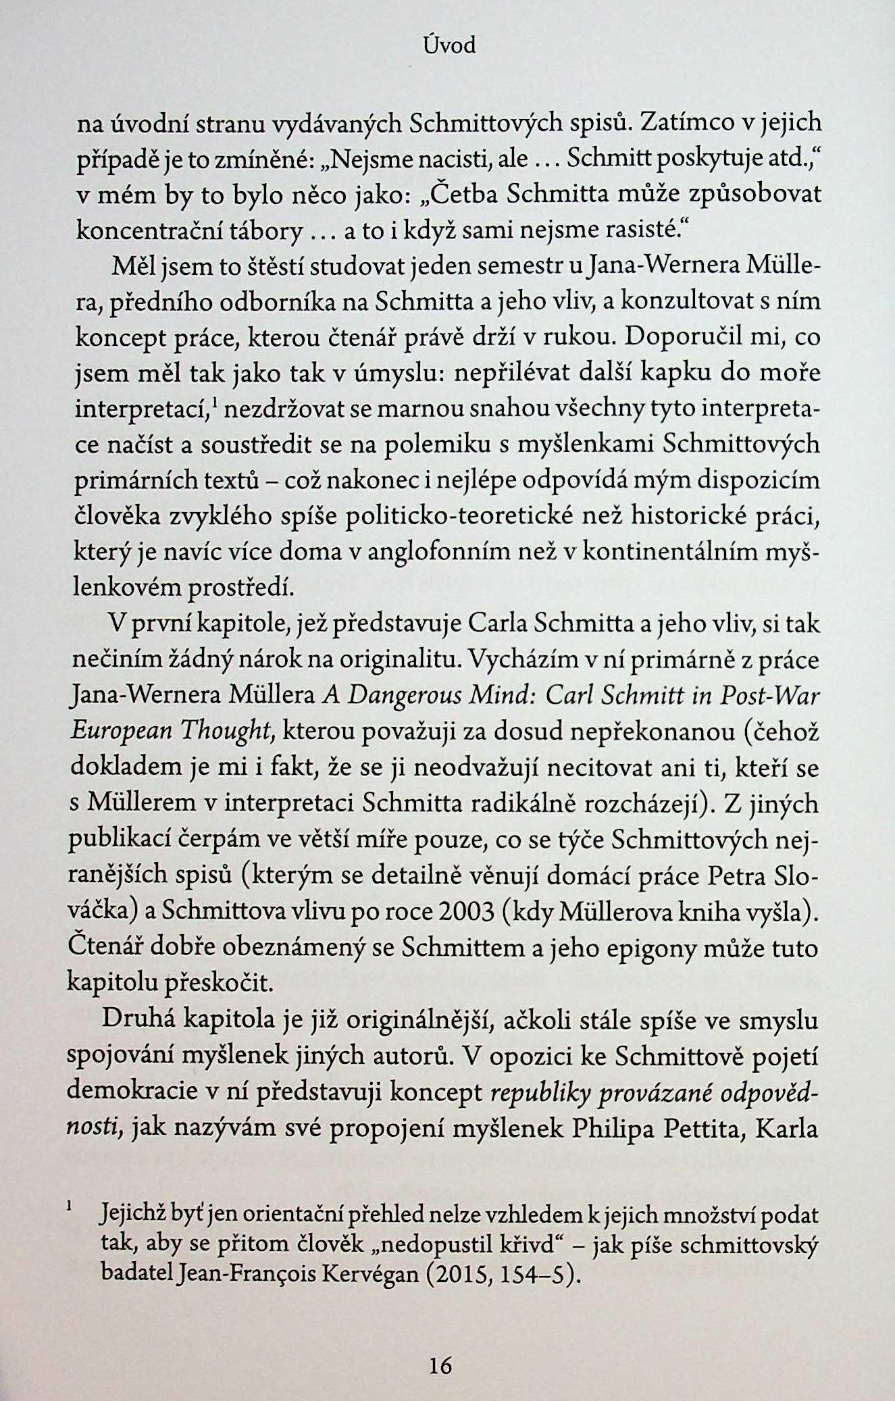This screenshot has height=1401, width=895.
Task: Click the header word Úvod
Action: [x=449, y=45]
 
